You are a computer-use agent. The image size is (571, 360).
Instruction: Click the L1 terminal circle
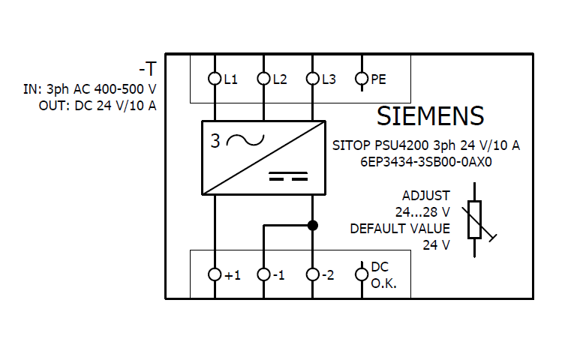pos(215,78)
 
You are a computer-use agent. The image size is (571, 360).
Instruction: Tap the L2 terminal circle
pos(263,78)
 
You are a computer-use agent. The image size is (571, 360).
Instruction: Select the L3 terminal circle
pos(312,78)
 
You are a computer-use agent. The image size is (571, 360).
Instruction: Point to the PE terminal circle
pos(361,78)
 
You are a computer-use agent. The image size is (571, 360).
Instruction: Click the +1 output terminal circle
pos(215,274)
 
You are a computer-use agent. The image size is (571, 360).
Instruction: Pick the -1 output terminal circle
pos(263,274)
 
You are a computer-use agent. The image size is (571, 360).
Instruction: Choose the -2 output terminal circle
pos(312,274)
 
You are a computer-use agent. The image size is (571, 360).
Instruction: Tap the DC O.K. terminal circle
pos(361,274)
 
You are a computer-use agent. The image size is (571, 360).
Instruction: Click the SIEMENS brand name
pos(430,116)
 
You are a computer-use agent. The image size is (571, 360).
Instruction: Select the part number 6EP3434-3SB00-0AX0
pos(426,160)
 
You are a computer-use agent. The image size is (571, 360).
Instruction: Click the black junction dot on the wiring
pos(313,225)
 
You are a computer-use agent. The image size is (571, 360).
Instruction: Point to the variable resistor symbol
pos(475,220)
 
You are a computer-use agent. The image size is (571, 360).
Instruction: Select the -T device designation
pos(148,70)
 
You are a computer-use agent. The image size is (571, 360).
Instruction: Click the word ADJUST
pos(425,196)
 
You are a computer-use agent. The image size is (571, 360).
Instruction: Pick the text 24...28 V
pos(422,212)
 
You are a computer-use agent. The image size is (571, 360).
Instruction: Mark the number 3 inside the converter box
pos(216,141)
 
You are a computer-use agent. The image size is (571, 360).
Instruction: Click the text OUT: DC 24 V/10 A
pos(98,105)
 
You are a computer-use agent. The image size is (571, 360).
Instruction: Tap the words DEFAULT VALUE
pos(400,229)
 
